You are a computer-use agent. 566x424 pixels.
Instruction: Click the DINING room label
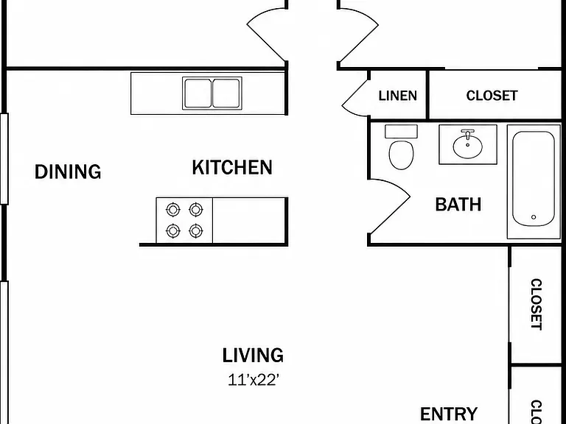[68, 172]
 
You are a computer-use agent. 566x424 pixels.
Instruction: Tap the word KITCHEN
[232, 167]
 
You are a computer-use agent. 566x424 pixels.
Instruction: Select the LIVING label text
[253, 355]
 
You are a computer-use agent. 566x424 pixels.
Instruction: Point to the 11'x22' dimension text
[254, 380]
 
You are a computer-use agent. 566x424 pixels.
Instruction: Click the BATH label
[458, 205]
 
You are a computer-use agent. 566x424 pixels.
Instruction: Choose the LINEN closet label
[398, 96]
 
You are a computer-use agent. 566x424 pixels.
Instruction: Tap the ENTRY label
[449, 414]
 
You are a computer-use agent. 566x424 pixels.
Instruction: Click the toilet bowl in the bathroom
[401, 155]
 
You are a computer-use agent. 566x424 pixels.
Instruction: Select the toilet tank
[401, 132]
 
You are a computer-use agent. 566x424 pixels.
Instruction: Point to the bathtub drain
[534, 217]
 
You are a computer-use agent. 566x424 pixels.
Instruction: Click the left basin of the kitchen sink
[198, 93]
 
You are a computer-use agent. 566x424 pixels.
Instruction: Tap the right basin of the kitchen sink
[226, 93]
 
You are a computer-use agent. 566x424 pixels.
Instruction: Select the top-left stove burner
[173, 210]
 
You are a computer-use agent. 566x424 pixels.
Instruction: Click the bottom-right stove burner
[195, 230]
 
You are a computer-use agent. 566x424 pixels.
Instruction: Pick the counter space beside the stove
[249, 220]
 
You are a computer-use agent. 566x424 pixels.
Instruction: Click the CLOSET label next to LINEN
[492, 96]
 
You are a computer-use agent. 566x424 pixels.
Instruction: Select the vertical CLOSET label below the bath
[537, 304]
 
